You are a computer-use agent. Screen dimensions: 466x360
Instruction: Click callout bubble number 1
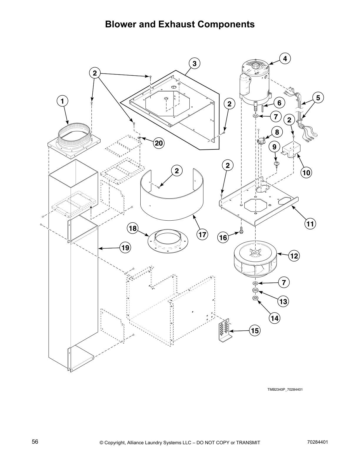pos(62,101)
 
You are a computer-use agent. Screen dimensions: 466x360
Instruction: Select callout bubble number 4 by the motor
pos(285,59)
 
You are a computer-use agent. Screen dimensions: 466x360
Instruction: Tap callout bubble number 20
pos(159,143)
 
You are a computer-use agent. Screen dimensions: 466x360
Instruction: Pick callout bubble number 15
pos(255,331)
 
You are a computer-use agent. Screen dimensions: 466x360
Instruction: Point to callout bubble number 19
pos(125,248)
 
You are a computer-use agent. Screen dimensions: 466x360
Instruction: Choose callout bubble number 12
pos(294,256)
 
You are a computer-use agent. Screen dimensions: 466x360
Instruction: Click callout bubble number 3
pos(194,63)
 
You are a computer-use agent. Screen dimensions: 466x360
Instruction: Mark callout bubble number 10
pos(306,173)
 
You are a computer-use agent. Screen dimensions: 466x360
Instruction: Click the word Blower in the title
pos(121,24)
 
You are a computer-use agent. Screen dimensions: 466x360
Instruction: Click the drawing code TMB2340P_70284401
pos(285,390)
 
